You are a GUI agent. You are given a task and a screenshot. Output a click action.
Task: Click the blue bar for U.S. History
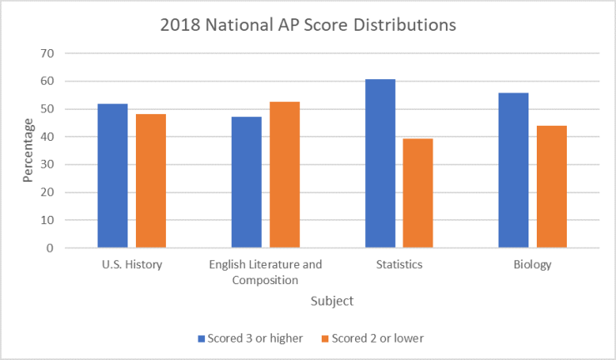[113, 176]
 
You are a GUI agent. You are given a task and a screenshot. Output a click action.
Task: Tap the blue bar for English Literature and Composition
[246, 182]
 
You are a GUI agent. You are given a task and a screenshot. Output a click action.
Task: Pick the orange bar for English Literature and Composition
[284, 175]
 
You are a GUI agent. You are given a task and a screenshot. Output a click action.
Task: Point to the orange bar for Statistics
[418, 193]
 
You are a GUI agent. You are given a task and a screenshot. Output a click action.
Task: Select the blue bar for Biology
[513, 170]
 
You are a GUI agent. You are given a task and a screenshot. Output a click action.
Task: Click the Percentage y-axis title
[28, 150]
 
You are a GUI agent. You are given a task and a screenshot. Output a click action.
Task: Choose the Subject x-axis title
[332, 300]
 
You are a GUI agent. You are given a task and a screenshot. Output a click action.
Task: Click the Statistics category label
[398, 265]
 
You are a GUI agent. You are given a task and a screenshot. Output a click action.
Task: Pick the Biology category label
[532, 265]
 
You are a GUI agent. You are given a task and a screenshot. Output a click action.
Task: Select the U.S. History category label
[132, 265]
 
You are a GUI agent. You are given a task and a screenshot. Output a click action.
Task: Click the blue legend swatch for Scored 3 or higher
[201, 338]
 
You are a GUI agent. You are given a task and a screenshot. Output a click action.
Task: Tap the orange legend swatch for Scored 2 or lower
[324, 338]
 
